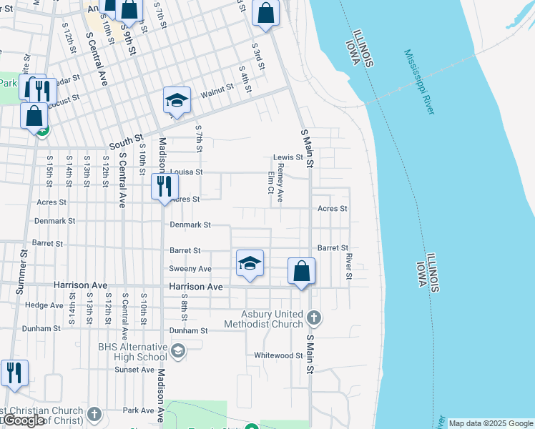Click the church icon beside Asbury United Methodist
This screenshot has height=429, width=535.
313,316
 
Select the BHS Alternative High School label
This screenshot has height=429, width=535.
132,352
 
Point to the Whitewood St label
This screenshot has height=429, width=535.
279,355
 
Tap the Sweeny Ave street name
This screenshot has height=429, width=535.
190,269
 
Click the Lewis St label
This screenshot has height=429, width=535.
288,157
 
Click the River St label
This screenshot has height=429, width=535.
349,265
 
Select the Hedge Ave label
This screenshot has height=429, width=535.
44,305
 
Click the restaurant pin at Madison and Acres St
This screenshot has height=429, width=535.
165,187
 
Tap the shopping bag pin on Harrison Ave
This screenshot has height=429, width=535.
302,272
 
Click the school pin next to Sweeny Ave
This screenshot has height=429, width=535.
250,264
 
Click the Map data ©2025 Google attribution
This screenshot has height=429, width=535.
491,423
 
